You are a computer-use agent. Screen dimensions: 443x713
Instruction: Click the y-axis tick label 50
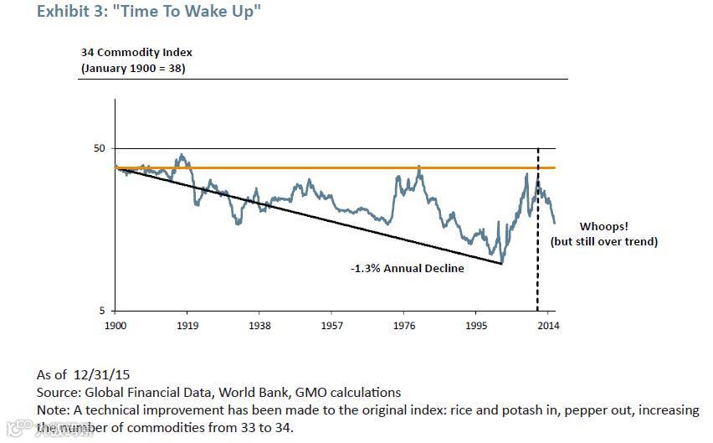click(x=99, y=148)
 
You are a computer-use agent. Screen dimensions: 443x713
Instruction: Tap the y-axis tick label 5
click(x=102, y=311)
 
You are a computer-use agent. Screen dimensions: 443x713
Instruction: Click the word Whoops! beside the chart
click(x=603, y=227)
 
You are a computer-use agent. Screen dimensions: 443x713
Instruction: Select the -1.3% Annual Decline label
click(x=407, y=270)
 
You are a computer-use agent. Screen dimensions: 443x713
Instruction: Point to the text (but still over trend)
click(x=603, y=242)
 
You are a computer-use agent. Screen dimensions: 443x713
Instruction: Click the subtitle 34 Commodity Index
click(x=136, y=53)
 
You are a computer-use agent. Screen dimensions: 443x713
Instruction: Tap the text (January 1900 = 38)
click(x=133, y=68)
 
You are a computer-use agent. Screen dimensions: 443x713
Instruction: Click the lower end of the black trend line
click(x=501, y=264)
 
